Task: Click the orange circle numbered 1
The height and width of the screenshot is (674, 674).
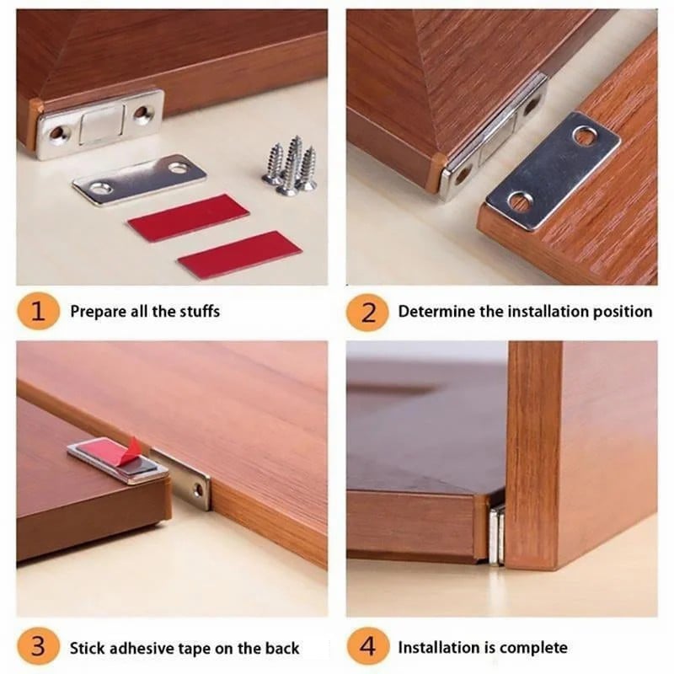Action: pyautogui.click(x=36, y=312)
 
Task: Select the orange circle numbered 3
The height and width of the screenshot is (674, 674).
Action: pyautogui.click(x=36, y=648)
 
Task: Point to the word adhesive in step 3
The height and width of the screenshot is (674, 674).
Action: pyautogui.click(x=153, y=648)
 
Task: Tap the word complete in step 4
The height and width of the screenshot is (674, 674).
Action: pyautogui.click(x=533, y=648)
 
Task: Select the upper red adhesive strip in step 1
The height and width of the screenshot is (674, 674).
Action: pyautogui.click(x=188, y=217)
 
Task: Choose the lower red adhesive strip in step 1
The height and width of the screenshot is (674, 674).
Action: pyautogui.click(x=239, y=254)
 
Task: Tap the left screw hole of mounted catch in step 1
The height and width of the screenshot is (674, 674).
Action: pyautogui.click(x=57, y=132)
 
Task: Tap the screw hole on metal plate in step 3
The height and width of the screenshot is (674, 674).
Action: pyautogui.click(x=198, y=490)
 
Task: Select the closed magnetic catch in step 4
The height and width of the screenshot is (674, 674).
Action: pyautogui.click(x=496, y=533)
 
